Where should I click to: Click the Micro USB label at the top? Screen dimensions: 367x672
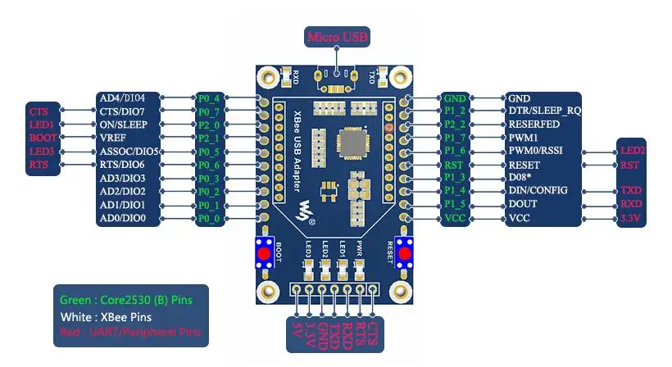(x=337, y=37)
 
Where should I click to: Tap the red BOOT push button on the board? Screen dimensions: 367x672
(x=265, y=253)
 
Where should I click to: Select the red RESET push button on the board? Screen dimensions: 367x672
(x=403, y=253)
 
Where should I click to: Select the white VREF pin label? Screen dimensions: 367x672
(x=112, y=138)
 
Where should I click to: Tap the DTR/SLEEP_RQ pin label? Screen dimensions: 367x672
(x=544, y=111)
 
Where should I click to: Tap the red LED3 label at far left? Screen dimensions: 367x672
(x=42, y=152)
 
